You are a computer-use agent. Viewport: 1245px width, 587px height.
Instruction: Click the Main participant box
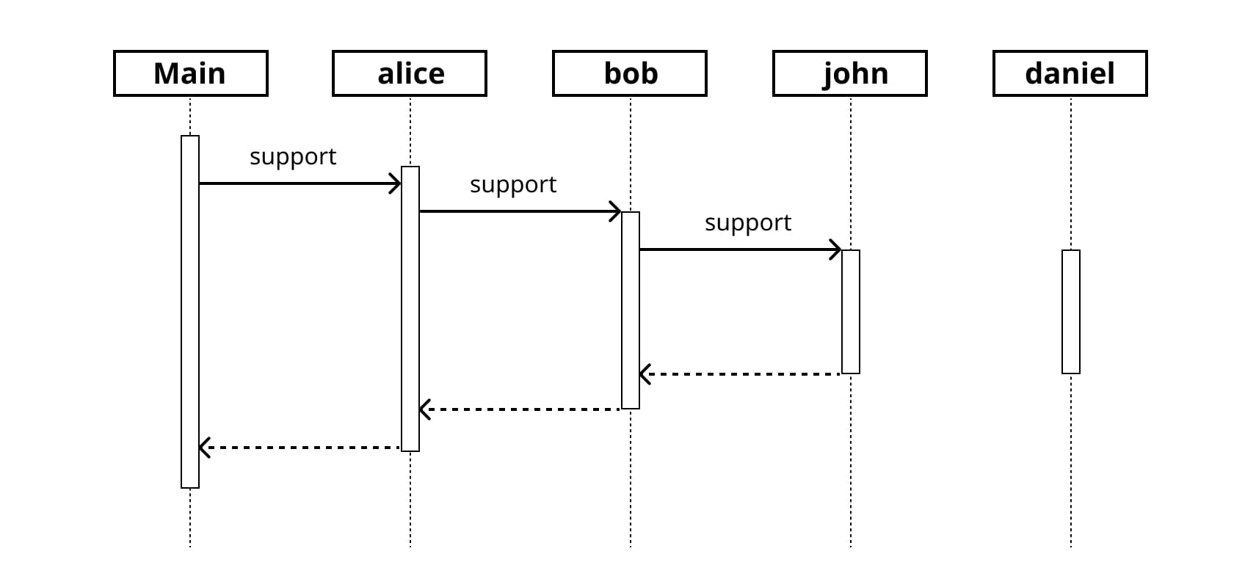pos(190,73)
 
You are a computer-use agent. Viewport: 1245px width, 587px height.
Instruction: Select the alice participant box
pos(410,73)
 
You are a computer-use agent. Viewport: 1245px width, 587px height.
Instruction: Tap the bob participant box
pos(630,73)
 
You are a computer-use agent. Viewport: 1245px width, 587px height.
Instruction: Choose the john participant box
pos(850,73)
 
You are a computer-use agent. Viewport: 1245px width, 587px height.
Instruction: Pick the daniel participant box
pos(1070,73)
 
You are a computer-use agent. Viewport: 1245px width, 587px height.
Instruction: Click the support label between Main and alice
pos(293,157)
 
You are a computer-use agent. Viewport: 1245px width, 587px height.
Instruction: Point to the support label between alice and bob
pos(513,185)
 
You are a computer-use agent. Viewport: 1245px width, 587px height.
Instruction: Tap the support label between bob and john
pos(748,223)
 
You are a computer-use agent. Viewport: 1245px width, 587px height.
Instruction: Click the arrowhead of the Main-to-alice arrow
pos(396,183)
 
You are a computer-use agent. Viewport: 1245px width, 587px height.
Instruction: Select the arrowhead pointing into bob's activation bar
pos(616,212)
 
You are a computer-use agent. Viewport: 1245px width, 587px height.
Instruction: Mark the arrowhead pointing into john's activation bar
pos(836,249)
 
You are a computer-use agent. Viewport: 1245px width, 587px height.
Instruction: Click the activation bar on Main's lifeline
pos(190,312)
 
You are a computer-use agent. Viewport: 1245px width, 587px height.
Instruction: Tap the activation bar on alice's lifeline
pos(410,308)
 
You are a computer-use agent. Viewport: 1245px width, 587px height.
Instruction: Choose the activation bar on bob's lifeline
pos(631,310)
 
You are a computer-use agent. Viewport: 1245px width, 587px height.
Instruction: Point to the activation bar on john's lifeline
pos(851,312)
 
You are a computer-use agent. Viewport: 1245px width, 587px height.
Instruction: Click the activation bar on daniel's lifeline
pos(1071,312)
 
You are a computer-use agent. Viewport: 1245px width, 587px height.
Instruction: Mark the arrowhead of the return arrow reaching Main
pos(205,448)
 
